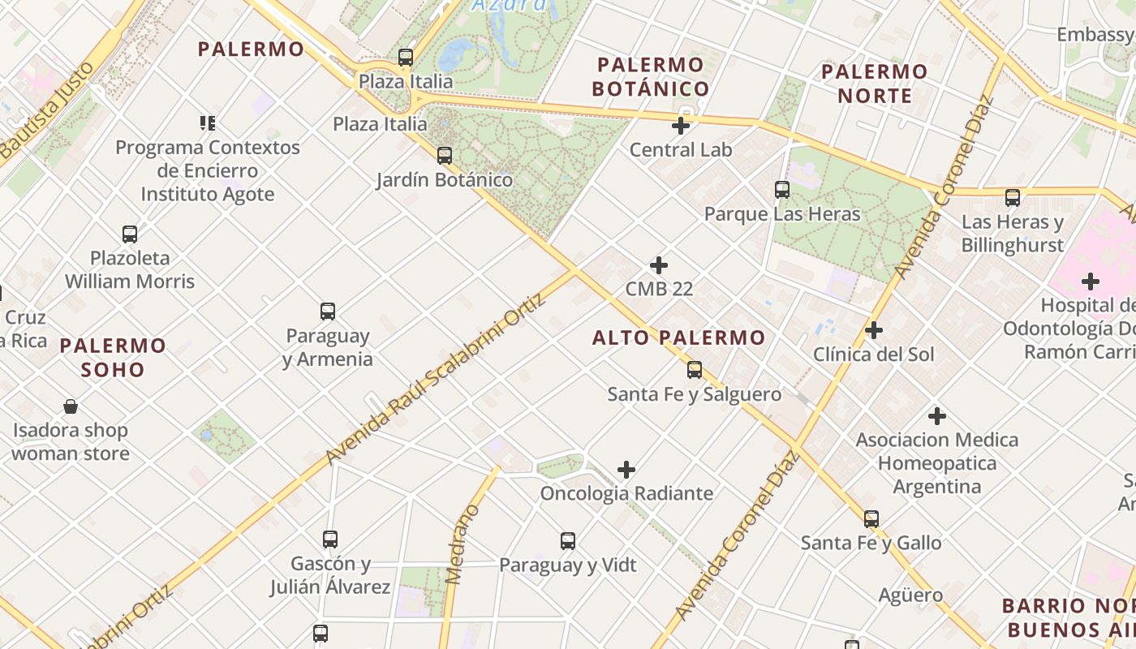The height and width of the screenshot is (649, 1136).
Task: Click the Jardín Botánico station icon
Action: (x=445, y=155)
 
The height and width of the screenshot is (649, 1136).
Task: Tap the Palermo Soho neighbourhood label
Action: (x=113, y=358)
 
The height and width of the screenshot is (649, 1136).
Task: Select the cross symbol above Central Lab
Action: (x=681, y=126)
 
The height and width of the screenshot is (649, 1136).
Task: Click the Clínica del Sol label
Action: (x=874, y=355)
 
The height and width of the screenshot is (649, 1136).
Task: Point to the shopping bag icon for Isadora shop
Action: (x=71, y=406)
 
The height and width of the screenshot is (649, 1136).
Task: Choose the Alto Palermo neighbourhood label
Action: (x=678, y=337)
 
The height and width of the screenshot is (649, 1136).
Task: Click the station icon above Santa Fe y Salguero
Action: (x=695, y=370)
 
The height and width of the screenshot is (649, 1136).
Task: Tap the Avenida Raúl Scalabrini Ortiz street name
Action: (x=434, y=379)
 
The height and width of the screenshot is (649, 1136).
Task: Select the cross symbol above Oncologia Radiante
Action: (x=626, y=470)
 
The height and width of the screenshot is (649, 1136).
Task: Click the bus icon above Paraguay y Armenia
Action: (x=328, y=312)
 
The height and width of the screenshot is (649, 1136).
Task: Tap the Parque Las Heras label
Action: (x=782, y=214)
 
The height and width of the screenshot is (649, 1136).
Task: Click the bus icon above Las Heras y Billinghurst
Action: (x=1013, y=197)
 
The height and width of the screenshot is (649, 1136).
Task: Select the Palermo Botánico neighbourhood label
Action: (x=650, y=76)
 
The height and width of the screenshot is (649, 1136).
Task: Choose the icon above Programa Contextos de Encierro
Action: (x=207, y=123)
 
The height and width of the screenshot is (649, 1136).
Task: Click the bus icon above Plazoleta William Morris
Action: (x=130, y=234)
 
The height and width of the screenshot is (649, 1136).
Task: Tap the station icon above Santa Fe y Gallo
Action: (x=871, y=518)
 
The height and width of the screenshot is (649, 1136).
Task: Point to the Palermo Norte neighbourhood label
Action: (x=874, y=84)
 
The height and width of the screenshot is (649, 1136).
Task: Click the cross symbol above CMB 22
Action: (x=659, y=265)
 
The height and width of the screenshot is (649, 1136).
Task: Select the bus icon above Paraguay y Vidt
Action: (x=568, y=541)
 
